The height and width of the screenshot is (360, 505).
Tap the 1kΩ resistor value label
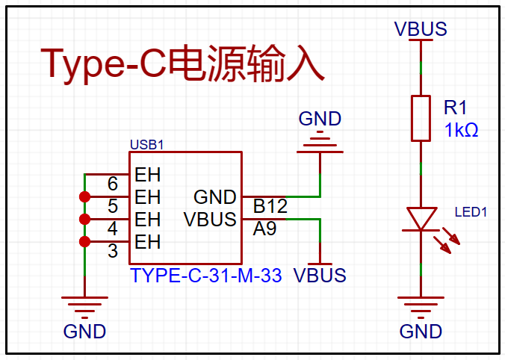pos(461,130)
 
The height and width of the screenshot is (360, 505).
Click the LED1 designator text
pos(471,212)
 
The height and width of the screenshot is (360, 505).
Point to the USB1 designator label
pos(147,145)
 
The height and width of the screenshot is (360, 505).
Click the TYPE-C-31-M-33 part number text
pos(205,276)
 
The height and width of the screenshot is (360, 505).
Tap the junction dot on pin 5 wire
pos(84,196)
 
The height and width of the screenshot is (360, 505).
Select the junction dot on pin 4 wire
pos(84,220)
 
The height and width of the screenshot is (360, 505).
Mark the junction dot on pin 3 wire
pos(84,241)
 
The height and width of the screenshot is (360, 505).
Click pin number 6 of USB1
pos(113,184)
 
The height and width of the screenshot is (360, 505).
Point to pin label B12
pos(270,206)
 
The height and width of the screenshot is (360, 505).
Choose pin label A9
pos(264,229)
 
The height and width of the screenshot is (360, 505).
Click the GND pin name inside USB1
pos(215,197)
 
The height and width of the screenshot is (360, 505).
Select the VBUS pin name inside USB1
pos(210,220)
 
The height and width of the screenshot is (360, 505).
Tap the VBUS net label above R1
pos(421,29)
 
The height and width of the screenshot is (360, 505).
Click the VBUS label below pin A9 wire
pos(320,276)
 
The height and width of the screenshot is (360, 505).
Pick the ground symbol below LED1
pos(421,305)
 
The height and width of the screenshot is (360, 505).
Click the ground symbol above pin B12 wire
pos(320,142)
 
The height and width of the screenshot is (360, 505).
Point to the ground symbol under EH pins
pos(84,305)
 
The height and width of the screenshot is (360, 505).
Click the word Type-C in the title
pos(103,63)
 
